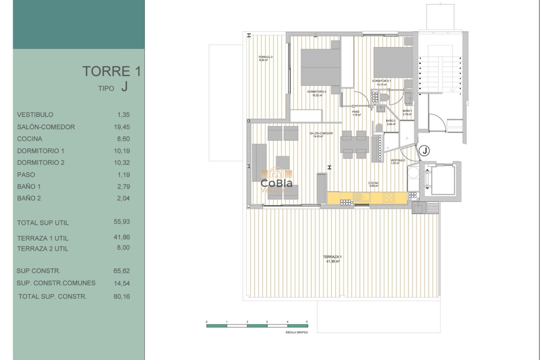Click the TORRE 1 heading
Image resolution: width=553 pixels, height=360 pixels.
click(111, 72)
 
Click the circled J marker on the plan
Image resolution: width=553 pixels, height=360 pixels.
click(424, 150)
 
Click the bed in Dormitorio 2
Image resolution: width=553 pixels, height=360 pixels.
click(320, 67)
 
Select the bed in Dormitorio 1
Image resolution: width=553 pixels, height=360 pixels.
click(393, 63)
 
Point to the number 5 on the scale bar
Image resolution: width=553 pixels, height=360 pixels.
click(307, 321)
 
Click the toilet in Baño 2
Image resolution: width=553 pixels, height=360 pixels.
click(379, 128)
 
